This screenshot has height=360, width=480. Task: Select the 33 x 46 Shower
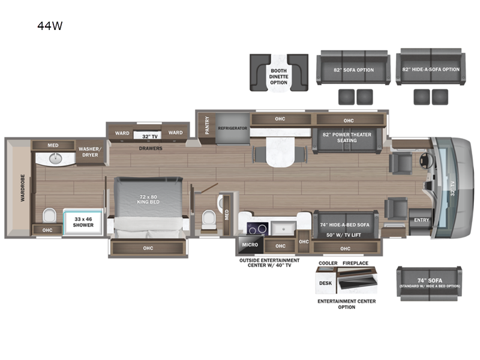(x=83, y=222)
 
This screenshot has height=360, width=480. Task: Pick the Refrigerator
(x=233, y=128)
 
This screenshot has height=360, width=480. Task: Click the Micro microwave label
(x=250, y=244)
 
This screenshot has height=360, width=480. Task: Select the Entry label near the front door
(x=421, y=220)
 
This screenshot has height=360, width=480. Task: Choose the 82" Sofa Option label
(x=353, y=70)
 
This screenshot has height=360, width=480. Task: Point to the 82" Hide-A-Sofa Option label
(x=431, y=70)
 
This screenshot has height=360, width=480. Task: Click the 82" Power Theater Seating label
(x=347, y=137)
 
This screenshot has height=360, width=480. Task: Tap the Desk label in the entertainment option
(x=325, y=283)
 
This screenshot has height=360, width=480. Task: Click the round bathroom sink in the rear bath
(x=56, y=159)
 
